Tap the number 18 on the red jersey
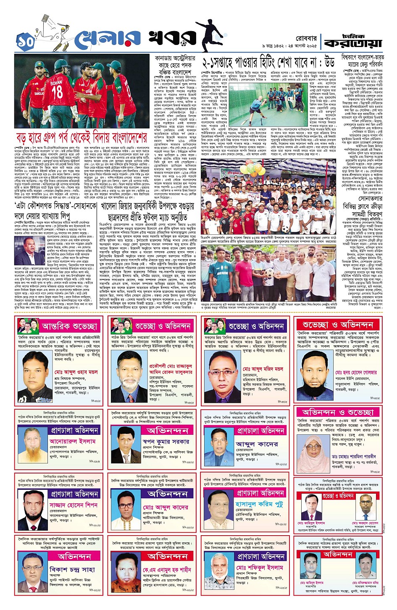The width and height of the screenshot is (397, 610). [57, 91]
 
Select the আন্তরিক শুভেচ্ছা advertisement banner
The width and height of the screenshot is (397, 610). [69, 326]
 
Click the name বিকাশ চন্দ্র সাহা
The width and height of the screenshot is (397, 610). [72, 570]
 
